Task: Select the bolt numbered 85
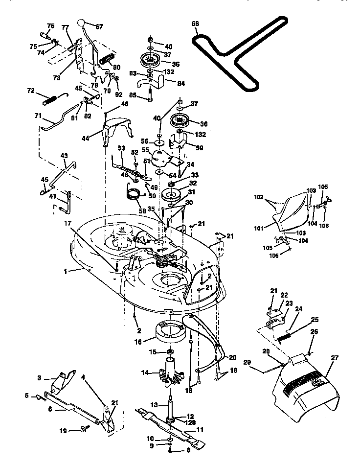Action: pyautogui.click(x=149, y=98)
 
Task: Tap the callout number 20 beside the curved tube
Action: pyautogui.click(x=233, y=357)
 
